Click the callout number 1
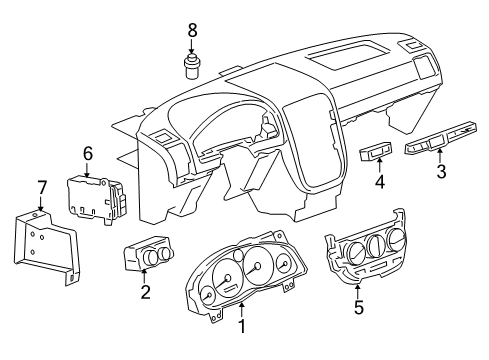tap(241, 327)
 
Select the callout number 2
tap(146, 292)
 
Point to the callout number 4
tap(379, 181)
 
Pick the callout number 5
tap(359, 309)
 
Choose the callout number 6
tap(87, 153)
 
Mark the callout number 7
tap(41, 186)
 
